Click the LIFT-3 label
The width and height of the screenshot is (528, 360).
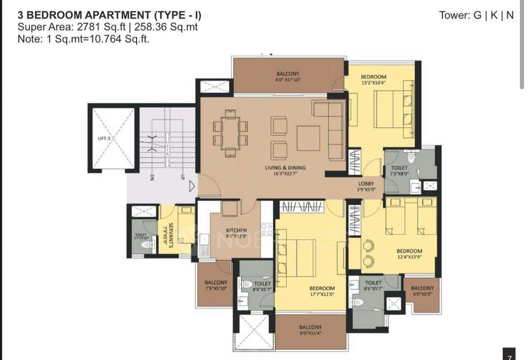[103, 138]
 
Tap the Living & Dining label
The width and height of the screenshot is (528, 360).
[285, 170]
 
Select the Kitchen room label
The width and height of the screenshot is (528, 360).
[236, 232]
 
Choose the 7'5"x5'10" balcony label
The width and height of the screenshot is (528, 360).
[215, 285]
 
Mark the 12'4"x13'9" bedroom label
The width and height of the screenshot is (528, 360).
[409, 254]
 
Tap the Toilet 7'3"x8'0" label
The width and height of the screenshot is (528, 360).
[399, 171]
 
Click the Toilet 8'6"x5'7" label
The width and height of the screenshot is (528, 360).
[373, 286]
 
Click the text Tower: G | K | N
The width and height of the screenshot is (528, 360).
[476, 15]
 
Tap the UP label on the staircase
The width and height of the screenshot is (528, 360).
[182, 178]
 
